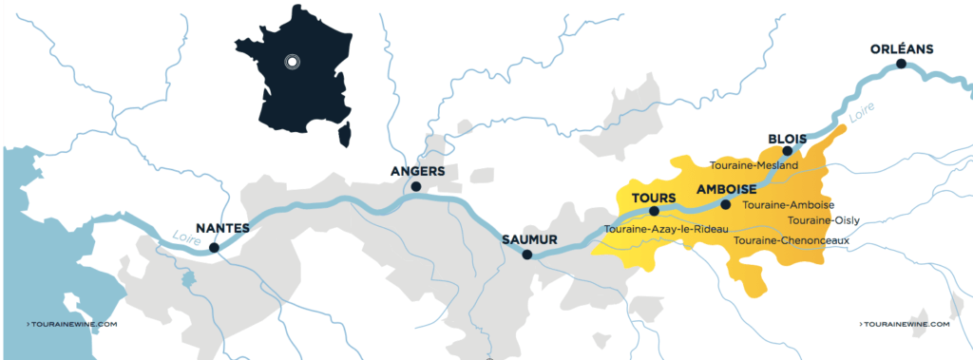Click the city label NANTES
221,228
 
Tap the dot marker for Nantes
214,247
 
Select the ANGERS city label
417,171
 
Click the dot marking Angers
416,188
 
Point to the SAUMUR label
528,239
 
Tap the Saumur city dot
527,255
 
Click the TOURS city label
653,198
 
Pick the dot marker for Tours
654,211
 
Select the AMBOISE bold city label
726,189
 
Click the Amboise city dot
726,204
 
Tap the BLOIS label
787,139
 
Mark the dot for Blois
787,151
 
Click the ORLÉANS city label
903,49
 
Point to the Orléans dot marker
900,64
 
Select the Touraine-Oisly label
823,220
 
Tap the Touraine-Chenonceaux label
792,240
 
